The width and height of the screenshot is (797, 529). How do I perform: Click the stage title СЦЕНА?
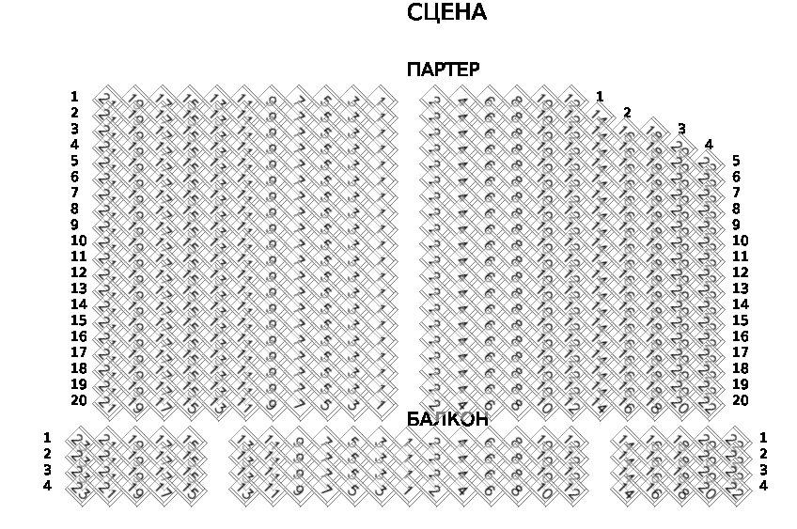[x=446, y=13]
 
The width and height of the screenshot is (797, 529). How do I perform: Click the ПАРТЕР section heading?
[x=443, y=70]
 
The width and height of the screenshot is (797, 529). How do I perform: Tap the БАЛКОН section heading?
[x=446, y=419]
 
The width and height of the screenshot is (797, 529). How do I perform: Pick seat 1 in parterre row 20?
[x=381, y=405]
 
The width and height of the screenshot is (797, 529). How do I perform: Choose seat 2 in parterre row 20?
[x=434, y=405]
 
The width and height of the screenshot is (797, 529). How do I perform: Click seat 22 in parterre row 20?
[x=707, y=405]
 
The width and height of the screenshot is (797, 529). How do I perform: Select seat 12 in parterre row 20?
[x=570, y=405]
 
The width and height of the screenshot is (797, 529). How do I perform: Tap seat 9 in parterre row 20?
[x=272, y=405]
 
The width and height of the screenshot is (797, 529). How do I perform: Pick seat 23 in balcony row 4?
[x=79, y=490]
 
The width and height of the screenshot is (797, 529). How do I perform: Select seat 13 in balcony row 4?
[x=244, y=490]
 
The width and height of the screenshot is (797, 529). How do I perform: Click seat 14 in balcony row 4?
[x=626, y=490]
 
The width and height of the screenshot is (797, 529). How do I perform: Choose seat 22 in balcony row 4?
[x=735, y=490]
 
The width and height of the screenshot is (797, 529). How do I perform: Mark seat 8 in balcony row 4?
[x=516, y=490]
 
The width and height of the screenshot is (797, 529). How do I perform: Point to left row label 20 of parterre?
[x=78, y=400]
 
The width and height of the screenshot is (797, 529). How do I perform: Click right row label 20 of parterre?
[x=740, y=400]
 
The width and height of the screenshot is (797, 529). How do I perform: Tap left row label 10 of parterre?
[x=78, y=241]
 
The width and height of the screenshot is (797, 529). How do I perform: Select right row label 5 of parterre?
[x=736, y=161]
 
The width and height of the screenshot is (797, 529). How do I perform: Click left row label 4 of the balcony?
[x=47, y=486]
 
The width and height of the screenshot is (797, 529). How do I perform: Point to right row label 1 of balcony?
[x=763, y=438]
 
